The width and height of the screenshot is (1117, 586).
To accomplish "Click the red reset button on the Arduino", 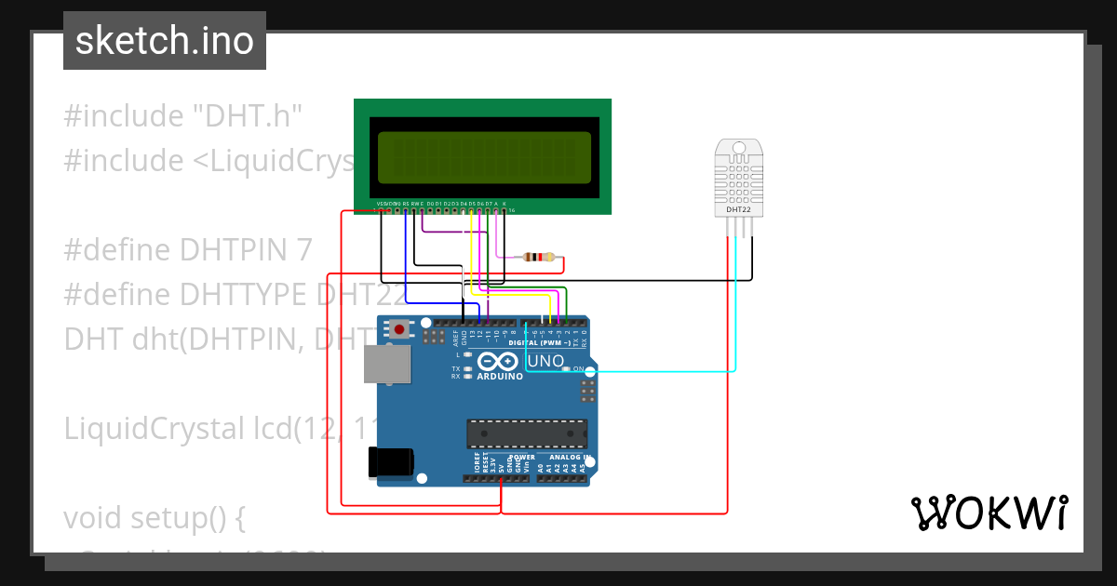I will [400, 328].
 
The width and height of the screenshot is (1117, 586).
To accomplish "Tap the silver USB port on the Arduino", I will [384, 365].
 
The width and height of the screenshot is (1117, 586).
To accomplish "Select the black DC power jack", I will [390, 461].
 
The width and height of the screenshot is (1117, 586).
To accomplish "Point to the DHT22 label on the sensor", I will [738, 210].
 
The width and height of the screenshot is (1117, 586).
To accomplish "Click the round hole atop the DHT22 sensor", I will [739, 148].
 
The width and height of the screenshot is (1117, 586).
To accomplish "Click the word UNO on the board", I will [545, 361].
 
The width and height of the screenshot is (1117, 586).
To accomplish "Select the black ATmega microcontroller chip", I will [527, 433].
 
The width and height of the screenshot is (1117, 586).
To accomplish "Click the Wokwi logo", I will [989, 513].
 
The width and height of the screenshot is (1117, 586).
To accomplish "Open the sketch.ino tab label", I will [165, 41].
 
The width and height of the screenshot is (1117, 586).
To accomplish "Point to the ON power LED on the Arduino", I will [566, 369].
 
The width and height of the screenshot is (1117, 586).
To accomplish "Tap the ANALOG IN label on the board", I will [566, 457].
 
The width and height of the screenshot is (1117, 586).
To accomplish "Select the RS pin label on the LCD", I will [406, 203].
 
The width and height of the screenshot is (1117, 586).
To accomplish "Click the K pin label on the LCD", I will [505, 203].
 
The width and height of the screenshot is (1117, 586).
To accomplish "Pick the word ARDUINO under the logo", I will [500, 377].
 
